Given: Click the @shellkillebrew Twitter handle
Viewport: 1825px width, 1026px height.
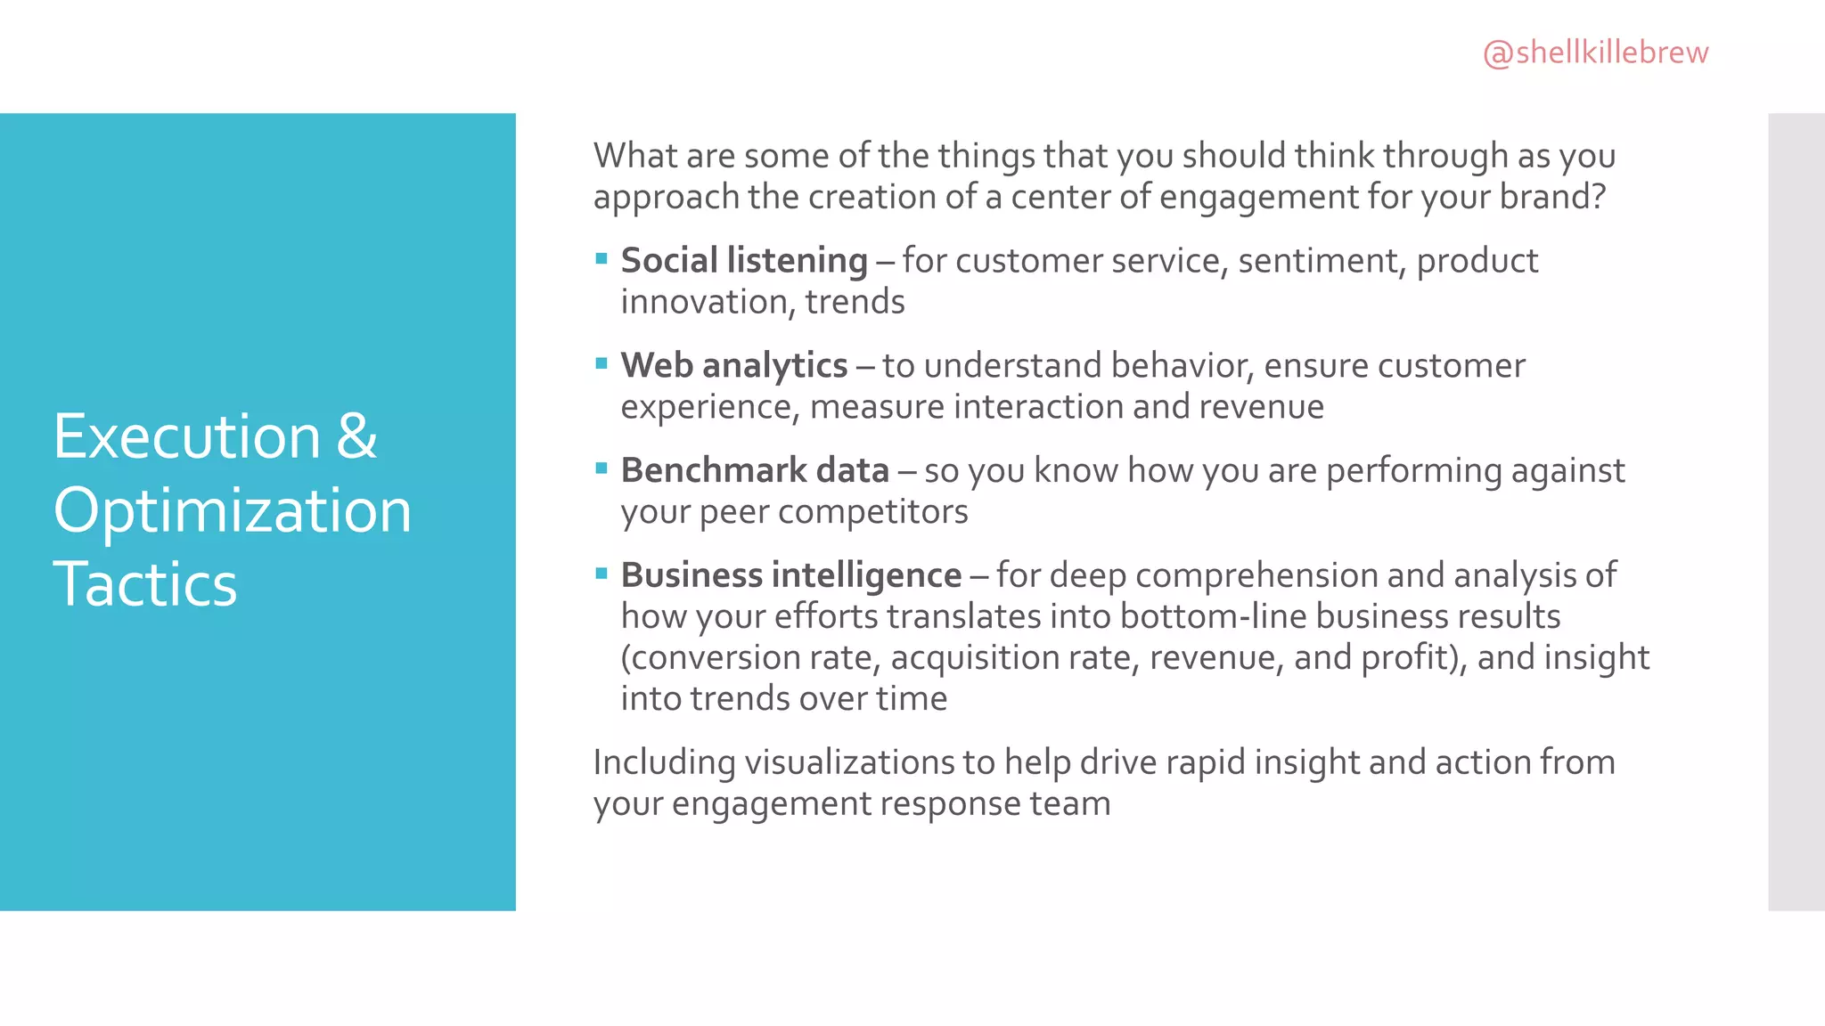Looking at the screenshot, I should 1595,53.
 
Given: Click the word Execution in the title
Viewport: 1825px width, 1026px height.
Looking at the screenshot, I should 186,436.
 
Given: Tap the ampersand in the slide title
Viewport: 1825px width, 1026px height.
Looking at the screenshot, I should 357,436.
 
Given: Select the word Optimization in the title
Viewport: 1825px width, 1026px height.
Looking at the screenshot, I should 232,511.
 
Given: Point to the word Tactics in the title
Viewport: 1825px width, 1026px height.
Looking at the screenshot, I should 145,585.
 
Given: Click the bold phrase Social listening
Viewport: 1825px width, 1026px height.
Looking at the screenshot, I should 744,261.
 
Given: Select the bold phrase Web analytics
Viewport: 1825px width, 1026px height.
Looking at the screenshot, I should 734,366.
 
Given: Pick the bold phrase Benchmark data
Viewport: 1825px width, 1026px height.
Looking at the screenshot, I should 755,470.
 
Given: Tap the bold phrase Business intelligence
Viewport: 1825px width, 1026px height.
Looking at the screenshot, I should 791,575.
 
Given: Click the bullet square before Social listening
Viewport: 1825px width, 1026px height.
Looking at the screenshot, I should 602,259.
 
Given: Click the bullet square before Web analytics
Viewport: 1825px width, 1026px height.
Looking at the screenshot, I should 602,363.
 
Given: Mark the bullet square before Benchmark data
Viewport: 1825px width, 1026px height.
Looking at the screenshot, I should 602,468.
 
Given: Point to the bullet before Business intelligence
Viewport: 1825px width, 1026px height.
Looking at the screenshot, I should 602,573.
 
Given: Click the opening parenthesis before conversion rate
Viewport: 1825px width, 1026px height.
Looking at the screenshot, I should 626,658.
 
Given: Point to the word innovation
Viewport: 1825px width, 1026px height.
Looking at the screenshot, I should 708,303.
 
